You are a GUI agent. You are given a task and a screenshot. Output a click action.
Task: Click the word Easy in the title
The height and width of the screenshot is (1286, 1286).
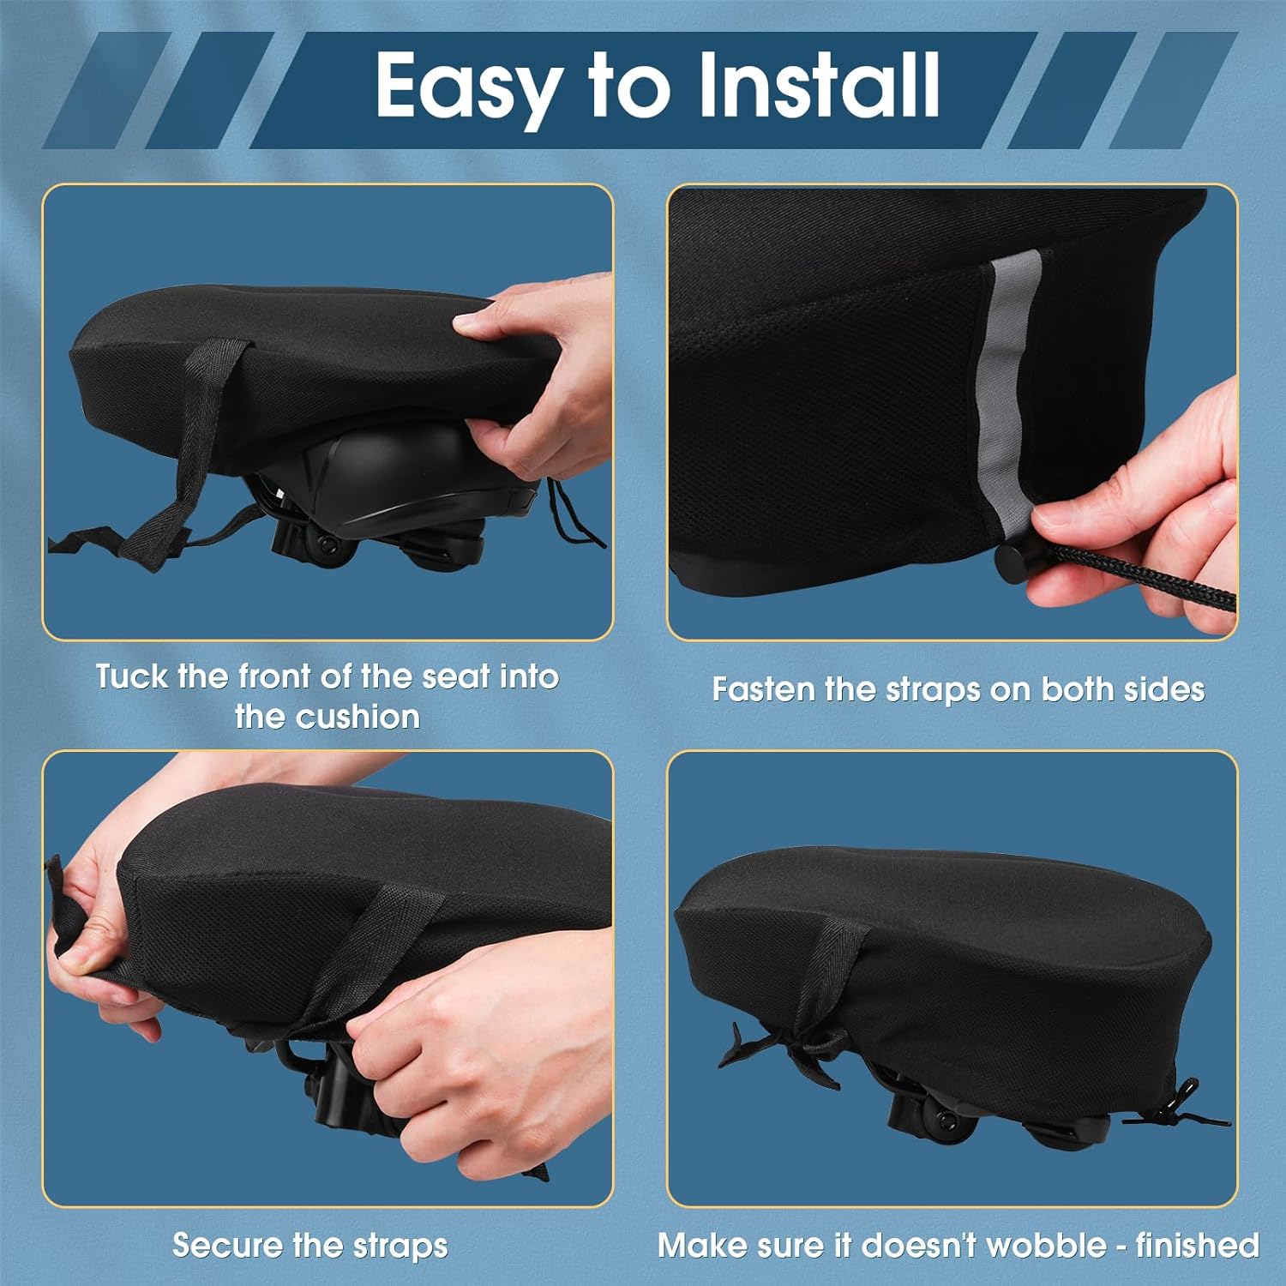click(468, 87)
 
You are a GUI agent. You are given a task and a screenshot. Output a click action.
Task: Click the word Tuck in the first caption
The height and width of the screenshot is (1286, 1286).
click(130, 676)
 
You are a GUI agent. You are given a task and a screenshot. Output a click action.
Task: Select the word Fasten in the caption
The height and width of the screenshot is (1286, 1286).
click(762, 689)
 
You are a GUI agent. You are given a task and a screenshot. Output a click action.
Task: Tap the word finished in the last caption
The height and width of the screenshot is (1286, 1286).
click(1197, 1245)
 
